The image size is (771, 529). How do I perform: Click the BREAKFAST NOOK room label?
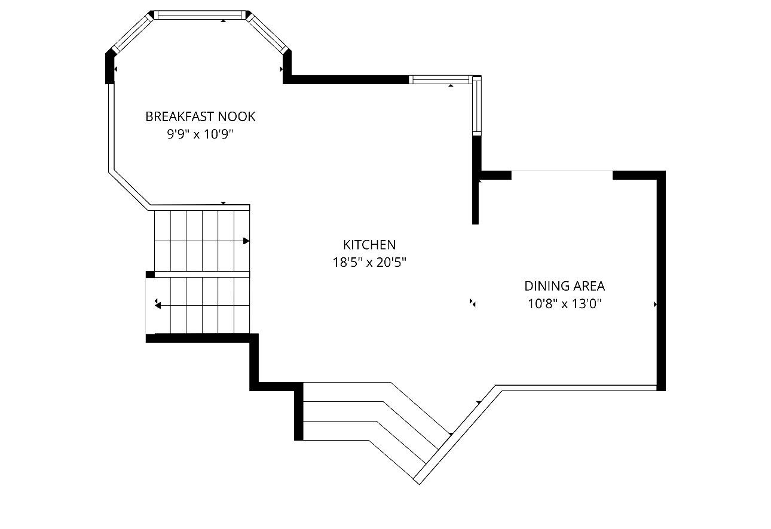(x=200, y=116)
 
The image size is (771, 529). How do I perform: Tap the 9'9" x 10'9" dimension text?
(x=200, y=134)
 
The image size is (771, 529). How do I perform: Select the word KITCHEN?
(x=369, y=245)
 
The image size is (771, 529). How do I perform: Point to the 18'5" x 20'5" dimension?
(x=369, y=263)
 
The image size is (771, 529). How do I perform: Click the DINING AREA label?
(x=564, y=286)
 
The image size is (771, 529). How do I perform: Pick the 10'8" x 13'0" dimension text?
(x=564, y=304)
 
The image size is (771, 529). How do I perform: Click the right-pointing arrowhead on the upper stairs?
(x=246, y=241)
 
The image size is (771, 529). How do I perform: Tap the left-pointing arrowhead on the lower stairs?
(x=158, y=305)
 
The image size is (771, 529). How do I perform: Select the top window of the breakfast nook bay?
(x=200, y=15)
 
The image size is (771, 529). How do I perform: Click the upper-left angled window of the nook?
(x=133, y=33)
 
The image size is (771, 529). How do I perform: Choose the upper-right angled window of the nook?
(x=267, y=33)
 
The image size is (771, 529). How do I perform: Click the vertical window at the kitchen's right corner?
(x=477, y=105)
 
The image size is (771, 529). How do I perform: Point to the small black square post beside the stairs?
(x=150, y=275)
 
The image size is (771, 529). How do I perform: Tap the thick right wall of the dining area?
(x=661, y=281)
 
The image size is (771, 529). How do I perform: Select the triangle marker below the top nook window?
(x=224, y=21)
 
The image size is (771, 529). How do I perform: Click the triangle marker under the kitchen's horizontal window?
(x=451, y=85)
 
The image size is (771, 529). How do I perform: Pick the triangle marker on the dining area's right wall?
(x=655, y=305)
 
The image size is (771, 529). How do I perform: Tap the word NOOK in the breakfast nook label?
(x=237, y=116)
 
